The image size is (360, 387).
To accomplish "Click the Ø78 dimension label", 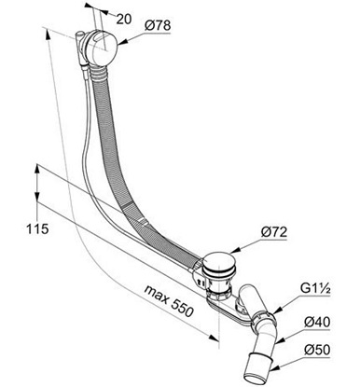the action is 158,25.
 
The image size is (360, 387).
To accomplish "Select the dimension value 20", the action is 124,20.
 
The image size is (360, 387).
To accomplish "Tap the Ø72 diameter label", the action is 273,232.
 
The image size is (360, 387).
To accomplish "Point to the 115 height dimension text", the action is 37,229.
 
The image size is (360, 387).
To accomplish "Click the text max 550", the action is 170,300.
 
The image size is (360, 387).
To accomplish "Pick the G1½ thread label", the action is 315,289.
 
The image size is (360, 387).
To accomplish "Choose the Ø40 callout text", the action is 317,323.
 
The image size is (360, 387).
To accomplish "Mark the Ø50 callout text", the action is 317,350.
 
